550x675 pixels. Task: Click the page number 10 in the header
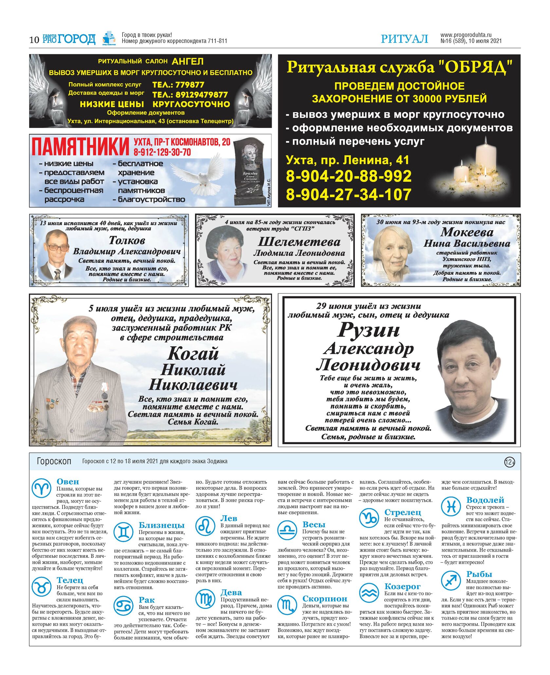coord(34,40)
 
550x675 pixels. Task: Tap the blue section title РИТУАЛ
coord(404,39)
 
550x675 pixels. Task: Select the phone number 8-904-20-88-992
coord(349,176)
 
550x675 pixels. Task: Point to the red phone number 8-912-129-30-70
coord(162,152)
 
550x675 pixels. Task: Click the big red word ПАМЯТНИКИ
coord(81,146)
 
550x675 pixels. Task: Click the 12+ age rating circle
coord(509,462)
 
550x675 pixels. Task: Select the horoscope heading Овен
coord(68,482)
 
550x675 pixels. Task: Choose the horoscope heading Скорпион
coord(324,598)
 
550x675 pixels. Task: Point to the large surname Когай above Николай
coord(193,354)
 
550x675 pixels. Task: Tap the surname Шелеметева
coord(299,242)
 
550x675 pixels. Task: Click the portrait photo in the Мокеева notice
coord(393,251)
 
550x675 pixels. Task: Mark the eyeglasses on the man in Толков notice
coord(58,247)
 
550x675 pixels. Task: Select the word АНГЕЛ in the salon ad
coord(188,61)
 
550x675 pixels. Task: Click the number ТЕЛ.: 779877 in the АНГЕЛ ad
coord(178,85)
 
